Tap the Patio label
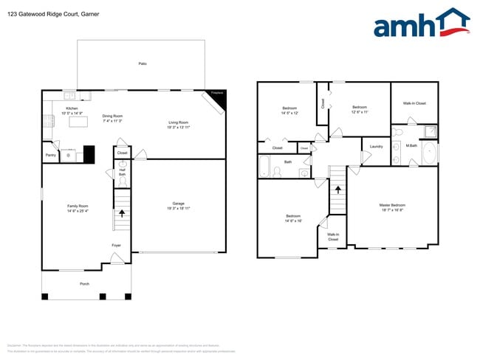pyautogui.click(x=142, y=64)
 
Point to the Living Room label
pyautogui.click(x=179, y=124)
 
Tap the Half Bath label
pyautogui.click(x=122, y=173)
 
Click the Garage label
pyautogui.click(x=179, y=205)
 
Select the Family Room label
pyautogui.click(x=78, y=208)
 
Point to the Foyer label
pyautogui.click(x=117, y=245)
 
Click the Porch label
pyautogui.click(x=84, y=283)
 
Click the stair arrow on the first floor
pyautogui.click(x=122, y=214)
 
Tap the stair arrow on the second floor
pyautogui.click(x=337, y=189)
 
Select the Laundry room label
pyautogui.click(x=375, y=147)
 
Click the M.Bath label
pyautogui.click(x=412, y=145)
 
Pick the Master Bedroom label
pyautogui.click(x=392, y=207)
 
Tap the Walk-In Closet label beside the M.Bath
pyautogui.click(x=414, y=103)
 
